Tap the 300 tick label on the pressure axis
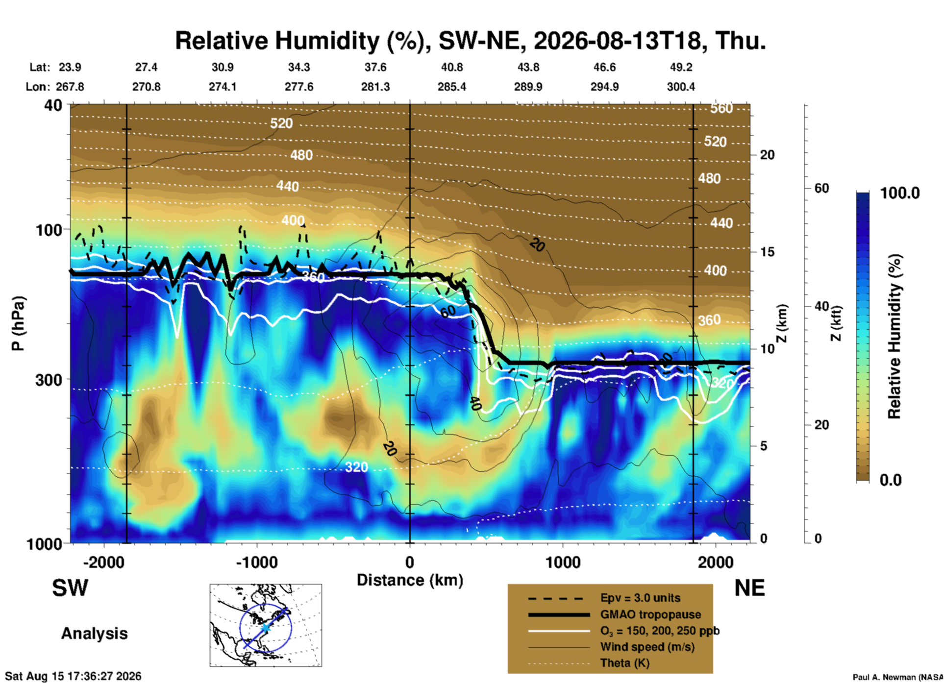pyautogui.click(x=49, y=380)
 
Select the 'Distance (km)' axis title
pyautogui.click(x=410, y=580)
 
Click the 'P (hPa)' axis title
pyautogui.click(x=18, y=323)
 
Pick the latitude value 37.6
pyautogui.click(x=375, y=67)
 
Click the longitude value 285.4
pyautogui.click(x=452, y=87)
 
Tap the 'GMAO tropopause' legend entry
pyautogui.click(x=650, y=614)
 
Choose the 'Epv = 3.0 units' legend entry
pyautogui.click(x=640, y=598)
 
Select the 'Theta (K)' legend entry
pyautogui.click(x=625, y=663)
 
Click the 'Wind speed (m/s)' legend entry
pyautogui.click(x=647, y=647)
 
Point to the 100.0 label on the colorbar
pyautogui.click(x=900, y=193)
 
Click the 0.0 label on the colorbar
pyautogui.click(x=891, y=480)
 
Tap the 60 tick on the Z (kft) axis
pyautogui.click(x=821, y=188)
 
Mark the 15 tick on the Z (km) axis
pyautogui.click(x=767, y=252)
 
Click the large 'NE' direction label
pyautogui.click(x=749, y=588)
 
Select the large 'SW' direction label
pyautogui.click(x=70, y=588)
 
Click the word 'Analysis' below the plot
pyautogui.click(x=94, y=634)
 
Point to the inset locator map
pyautogui.click(x=266, y=625)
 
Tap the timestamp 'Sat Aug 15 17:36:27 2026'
pyautogui.click(x=73, y=676)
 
